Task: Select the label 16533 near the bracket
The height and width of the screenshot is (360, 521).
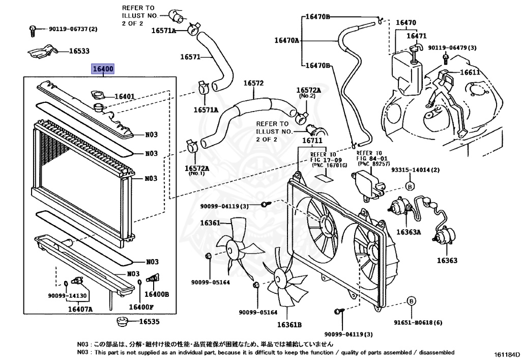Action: [x=79, y=51]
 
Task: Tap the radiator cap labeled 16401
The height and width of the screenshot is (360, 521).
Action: [x=97, y=94]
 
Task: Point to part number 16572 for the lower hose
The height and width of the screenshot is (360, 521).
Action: [x=253, y=83]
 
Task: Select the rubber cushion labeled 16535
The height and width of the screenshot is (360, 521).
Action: [x=122, y=321]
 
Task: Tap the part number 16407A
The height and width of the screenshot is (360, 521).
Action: [x=80, y=309]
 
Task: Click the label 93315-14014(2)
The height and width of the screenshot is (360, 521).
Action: [x=415, y=170]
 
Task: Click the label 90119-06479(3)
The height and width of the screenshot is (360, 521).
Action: [x=452, y=47]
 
